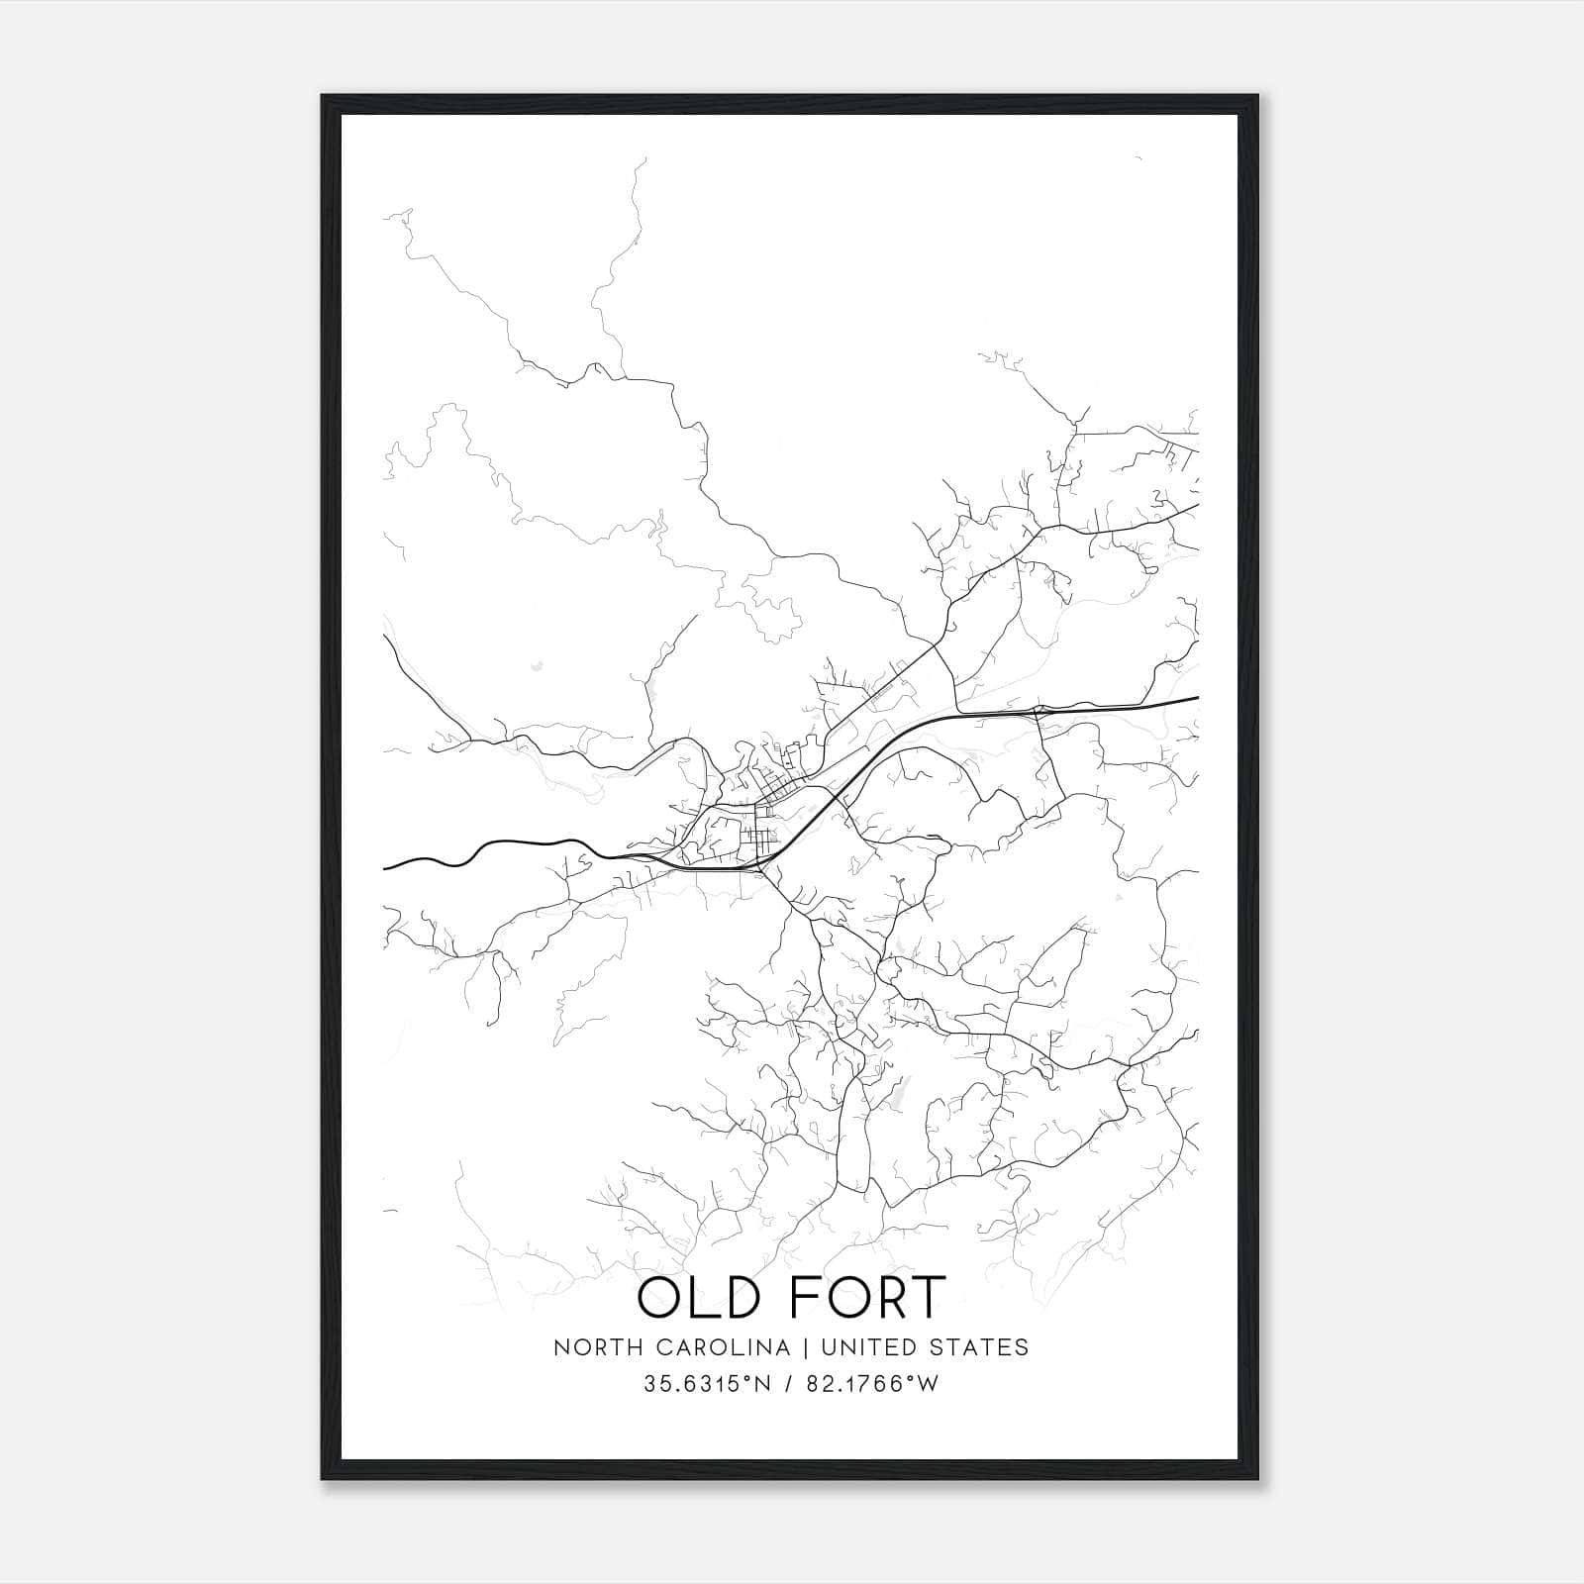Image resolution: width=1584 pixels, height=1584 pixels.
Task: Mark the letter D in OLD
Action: [x=753, y=1298]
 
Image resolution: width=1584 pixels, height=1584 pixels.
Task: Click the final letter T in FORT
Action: [x=927, y=1298]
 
